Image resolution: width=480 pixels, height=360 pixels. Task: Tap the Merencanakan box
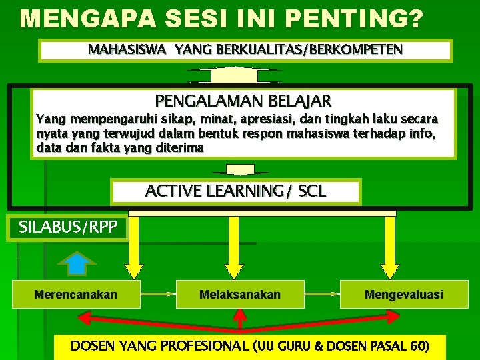click(x=75, y=294)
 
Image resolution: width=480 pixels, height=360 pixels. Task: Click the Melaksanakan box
click(x=240, y=294)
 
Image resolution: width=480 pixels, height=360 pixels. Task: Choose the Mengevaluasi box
click(x=403, y=294)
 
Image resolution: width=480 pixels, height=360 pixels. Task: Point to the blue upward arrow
click(x=78, y=263)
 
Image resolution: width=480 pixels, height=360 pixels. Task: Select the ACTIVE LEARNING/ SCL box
click(x=235, y=191)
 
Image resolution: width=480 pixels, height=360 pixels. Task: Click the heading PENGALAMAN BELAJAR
click(x=243, y=101)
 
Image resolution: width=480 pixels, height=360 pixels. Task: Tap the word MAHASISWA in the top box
click(x=128, y=49)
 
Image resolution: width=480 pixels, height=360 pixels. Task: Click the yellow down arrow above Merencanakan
click(x=134, y=247)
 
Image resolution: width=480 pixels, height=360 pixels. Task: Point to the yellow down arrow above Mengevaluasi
click(x=391, y=247)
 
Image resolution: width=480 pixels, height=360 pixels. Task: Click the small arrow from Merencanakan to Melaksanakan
click(x=159, y=294)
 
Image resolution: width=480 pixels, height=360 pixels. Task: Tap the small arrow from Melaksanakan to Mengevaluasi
click(x=322, y=294)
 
